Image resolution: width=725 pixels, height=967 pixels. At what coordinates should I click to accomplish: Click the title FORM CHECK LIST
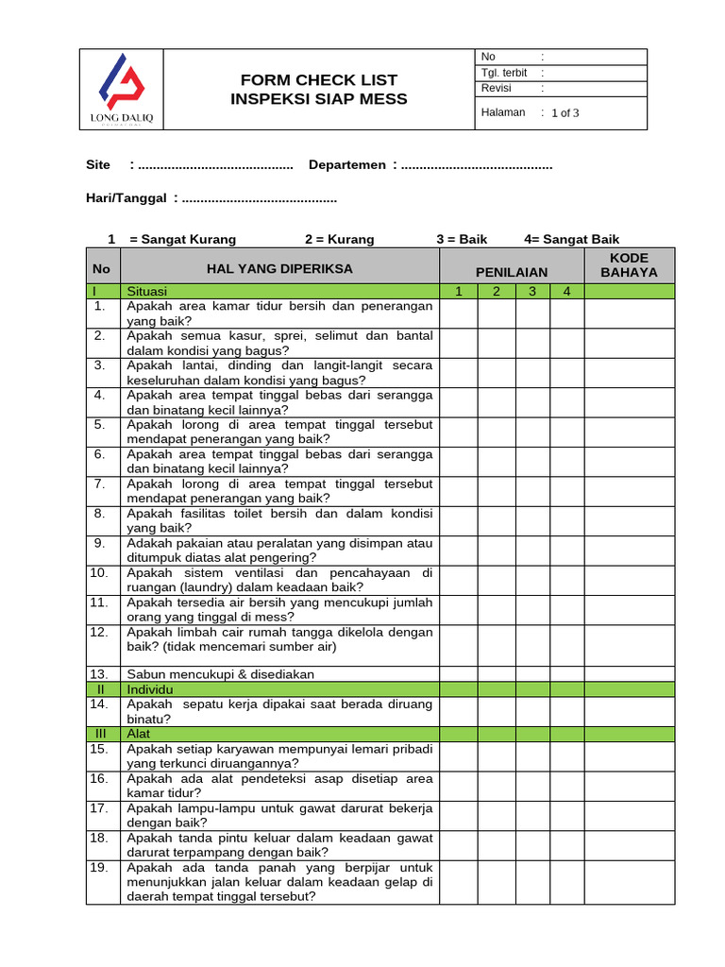click(319, 80)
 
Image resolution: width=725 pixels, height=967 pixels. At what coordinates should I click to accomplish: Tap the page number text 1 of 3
click(565, 113)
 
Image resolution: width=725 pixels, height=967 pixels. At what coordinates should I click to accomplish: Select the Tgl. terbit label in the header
click(504, 73)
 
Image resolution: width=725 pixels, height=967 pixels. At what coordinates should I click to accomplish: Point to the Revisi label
click(497, 88)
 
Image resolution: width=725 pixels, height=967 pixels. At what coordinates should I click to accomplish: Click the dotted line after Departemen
click(476, 165)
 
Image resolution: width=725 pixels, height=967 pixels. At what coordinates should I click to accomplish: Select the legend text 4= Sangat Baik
click(571, 239)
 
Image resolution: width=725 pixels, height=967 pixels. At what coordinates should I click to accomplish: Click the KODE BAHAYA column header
click(629, 265)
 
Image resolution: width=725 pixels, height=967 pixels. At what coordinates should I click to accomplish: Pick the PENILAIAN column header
click(512, 272)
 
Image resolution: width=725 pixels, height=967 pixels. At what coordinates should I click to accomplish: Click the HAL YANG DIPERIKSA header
click(279, 269)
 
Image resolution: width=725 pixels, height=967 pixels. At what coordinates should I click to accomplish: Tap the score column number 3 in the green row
click(532, 292)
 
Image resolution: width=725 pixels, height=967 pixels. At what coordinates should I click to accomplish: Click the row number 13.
click(99, 674)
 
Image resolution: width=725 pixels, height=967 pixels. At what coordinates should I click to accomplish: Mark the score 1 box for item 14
click(459, 711)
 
